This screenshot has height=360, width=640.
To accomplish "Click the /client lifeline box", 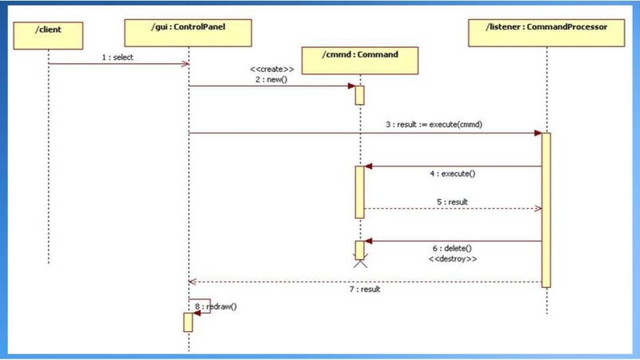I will click(x=49, y=32).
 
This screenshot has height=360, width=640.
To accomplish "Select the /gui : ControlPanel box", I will click(x=189, y=32).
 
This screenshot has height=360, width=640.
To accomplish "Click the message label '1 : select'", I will click(x=118, y=57).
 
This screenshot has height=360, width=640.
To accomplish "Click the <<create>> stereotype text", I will click(x=272, y=69).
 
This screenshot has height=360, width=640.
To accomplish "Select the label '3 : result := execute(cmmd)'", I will click(x=434, y=126).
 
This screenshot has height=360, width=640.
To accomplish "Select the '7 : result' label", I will click(x=364, y=289).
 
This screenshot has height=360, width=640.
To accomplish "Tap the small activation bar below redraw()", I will click(x=188, y=322).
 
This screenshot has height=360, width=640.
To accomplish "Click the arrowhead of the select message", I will click(x=185, y=64).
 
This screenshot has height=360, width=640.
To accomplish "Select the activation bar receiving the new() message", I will click(x=360, y=94).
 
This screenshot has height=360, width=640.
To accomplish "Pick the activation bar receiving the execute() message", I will click(x=360, y=192).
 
